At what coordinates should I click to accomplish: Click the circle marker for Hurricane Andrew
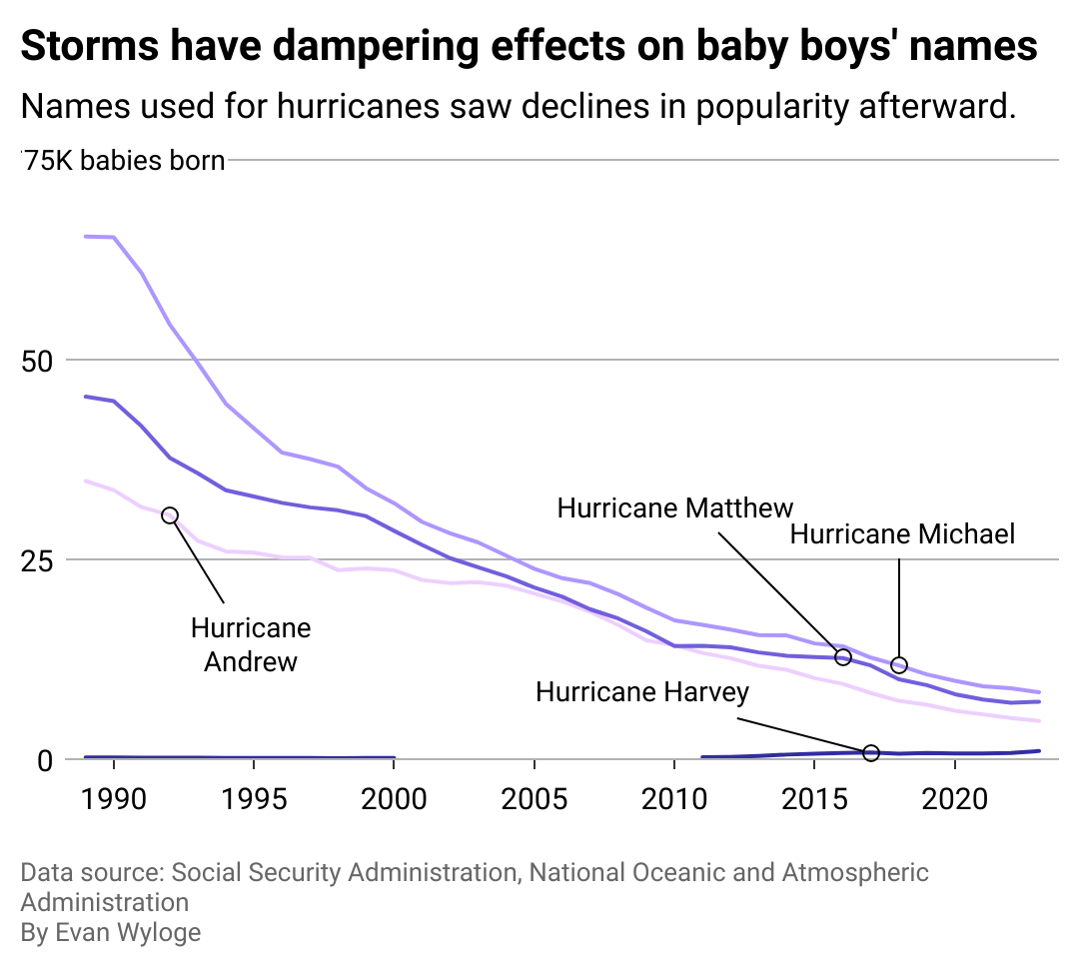click(x=170, y=515)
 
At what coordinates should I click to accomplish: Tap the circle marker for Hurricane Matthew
click(x=842, y=657)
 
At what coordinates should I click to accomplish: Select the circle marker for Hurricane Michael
click(x=899, y=665)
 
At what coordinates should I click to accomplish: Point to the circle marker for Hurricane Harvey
click(x=871, y=752)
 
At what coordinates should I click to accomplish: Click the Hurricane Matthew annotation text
click(x=675, y=507)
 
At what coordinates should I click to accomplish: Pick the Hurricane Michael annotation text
click(x=902, y=534)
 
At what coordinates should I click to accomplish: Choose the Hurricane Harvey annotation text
click(x=642, y=692)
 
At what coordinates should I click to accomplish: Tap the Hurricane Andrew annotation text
click(x=251, y=644)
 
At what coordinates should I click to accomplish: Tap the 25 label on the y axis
click(x=36, y=559)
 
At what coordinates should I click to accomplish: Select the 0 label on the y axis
click(x=44, y=759)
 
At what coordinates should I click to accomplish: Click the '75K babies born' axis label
click(x=124, y=161)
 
